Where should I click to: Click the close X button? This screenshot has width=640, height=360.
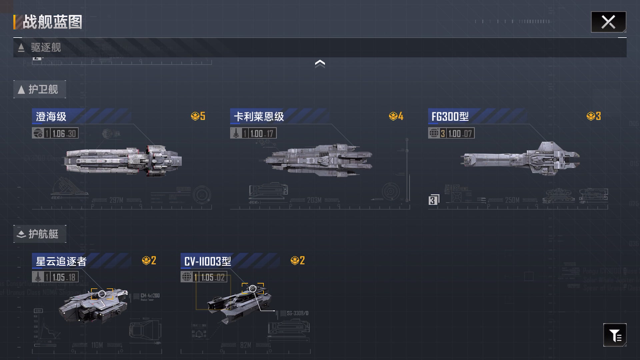point(608,22)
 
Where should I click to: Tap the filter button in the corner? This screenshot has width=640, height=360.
point(615,335)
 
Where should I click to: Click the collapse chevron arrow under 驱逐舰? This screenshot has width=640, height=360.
point(320,63)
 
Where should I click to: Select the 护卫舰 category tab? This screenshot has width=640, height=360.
point(40,89)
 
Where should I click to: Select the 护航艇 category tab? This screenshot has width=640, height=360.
point(40,234)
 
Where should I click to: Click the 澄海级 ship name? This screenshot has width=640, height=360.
point(51,117)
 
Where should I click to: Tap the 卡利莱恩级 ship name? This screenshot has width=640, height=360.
point(259,117)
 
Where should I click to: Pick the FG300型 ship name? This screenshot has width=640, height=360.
point(450,117)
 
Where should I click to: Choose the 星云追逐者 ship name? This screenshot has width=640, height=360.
point(61,261)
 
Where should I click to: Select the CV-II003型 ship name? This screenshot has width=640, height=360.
point(207,261)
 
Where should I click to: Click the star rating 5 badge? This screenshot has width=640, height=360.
point(198,116)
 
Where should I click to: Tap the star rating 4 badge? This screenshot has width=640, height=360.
point(396,116)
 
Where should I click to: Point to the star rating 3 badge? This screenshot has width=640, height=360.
point(594,116)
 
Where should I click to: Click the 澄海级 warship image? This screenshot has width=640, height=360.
point(123,161)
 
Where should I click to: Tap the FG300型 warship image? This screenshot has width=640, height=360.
point(520,159)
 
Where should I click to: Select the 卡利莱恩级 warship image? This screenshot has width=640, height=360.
point(318,160)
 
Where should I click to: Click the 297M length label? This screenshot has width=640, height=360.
point(116,200)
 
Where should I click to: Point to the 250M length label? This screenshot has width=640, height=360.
point(512,200)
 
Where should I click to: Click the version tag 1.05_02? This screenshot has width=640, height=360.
point(213,277)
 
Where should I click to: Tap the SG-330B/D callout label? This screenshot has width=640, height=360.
point(297,313)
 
